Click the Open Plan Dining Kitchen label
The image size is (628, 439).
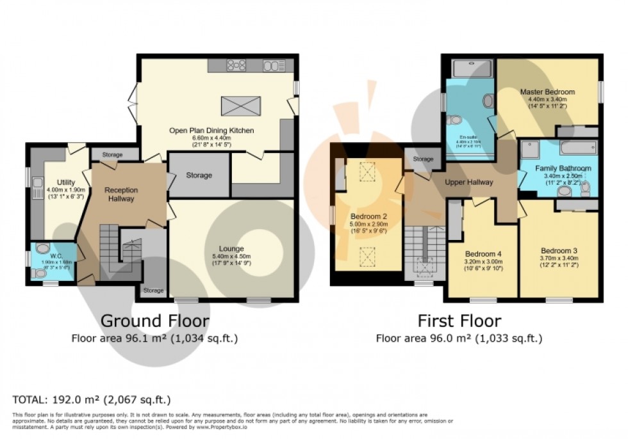[x=211, y=131]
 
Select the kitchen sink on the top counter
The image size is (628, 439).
[x=274, y=65]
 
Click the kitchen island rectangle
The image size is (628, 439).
[x=241, y=106]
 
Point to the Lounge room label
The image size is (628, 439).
[x=231, y=248]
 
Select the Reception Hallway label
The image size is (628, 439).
[x=121, y=194]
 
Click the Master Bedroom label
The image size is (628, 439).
[x=547, y=92]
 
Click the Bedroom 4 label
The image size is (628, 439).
[x=483, y=253]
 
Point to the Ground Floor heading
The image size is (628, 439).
[x=154, y=320]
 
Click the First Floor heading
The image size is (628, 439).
[x=459, y=320]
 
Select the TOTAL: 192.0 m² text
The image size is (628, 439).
[x=92, y=400]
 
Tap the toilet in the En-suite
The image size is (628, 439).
[x=456, y=120]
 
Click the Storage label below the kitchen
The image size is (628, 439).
[x=199, y=175]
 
